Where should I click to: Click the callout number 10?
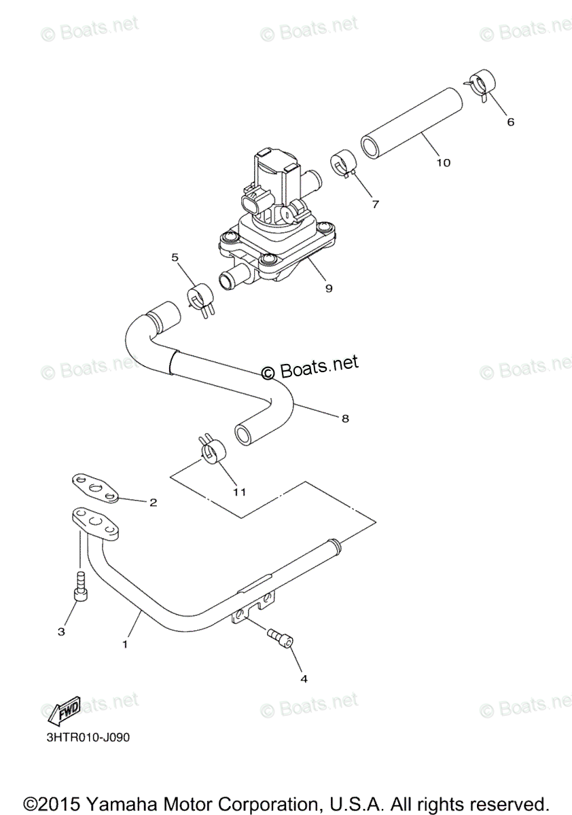tap(443, 162)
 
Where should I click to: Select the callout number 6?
tap(510, 122)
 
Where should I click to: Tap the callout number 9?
tap(328, 288)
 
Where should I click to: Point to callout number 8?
tap(345, 419)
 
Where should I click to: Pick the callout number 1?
tap(124, 643)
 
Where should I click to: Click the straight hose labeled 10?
tap(412, 122)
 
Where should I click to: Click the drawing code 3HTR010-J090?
tap(79, 738)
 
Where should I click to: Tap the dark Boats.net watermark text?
tap(310, 367)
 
